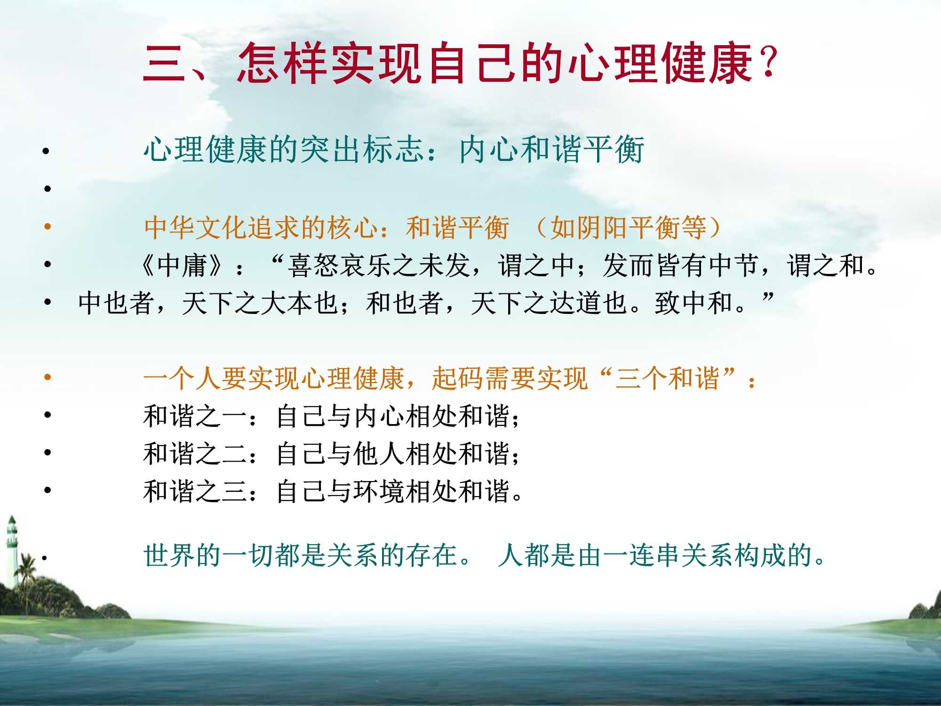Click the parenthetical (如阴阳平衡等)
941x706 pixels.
(x=629, y=228)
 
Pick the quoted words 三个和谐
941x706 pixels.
(x=668, y=378)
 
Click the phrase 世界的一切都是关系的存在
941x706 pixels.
(x=301, y=556)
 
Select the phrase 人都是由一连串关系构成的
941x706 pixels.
(x=656, y=556)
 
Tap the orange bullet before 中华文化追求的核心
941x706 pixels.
(x=48, y=227)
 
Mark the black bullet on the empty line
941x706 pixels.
(x=48, y=189)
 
